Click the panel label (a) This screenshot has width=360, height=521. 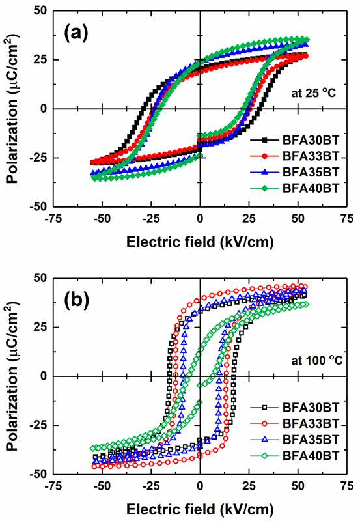76,34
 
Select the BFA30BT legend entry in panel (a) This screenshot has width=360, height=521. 295,140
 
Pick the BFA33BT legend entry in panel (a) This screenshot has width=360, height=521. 295,156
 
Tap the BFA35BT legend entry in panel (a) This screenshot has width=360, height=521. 295,172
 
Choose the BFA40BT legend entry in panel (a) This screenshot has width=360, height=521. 295,188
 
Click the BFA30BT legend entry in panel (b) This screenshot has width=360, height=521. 295,408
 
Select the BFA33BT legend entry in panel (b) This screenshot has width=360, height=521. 295,423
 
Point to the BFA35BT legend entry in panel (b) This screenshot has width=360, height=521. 295,439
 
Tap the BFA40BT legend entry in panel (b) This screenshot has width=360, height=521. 295,455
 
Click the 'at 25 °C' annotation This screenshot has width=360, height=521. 314,92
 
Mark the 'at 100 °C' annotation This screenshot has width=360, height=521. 317,360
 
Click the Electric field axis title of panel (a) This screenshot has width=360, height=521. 200,242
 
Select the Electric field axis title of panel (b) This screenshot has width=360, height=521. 200,509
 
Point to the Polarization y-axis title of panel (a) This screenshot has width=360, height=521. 12,109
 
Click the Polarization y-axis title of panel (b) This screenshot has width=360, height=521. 12,376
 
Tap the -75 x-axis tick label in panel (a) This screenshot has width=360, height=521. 53,219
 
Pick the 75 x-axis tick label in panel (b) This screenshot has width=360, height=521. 347,486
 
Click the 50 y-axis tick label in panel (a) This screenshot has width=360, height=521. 40,10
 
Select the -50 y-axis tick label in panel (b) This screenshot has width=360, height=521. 38,475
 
